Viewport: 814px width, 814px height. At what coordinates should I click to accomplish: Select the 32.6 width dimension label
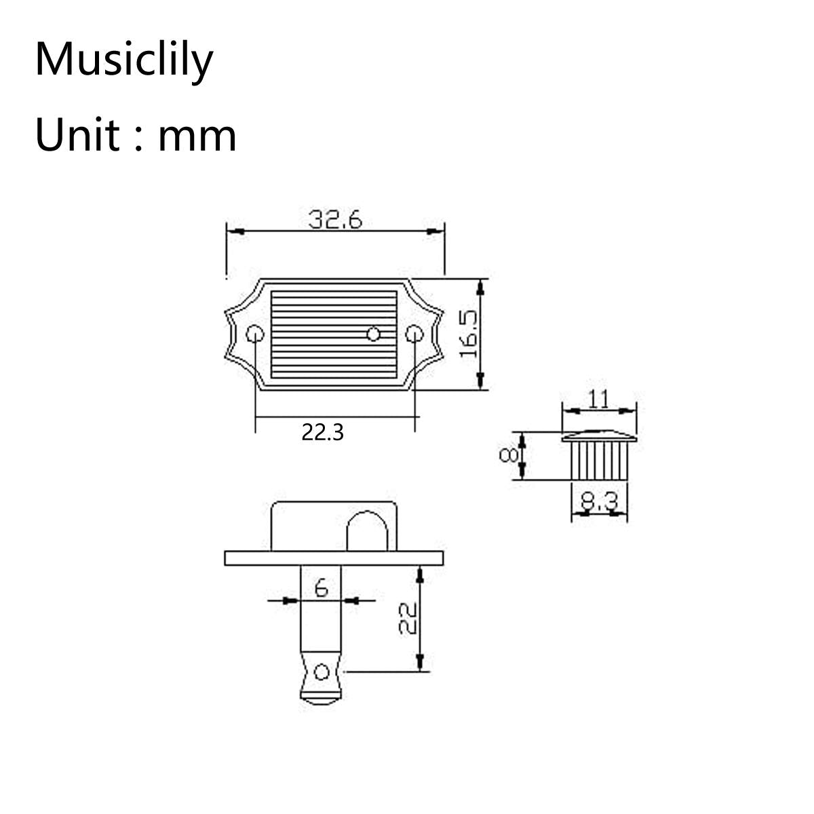point(335,220)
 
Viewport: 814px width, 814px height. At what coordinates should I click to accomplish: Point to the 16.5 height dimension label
point(468,334)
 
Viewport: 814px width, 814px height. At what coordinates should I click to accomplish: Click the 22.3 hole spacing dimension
point(323,432)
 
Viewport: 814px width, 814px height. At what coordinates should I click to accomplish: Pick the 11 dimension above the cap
point(598,399)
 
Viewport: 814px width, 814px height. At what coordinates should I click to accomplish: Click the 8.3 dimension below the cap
point(600,503)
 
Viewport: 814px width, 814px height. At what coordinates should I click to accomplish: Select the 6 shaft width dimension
point(321,587)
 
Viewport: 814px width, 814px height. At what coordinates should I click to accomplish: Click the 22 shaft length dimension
point(406,618)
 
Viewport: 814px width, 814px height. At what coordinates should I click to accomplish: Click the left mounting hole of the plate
point(255,334)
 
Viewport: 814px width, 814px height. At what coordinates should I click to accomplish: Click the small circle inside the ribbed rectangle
point(373,333)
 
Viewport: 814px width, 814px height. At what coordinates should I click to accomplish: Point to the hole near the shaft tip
point(322,672)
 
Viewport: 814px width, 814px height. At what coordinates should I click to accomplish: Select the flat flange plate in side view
point(334,558)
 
